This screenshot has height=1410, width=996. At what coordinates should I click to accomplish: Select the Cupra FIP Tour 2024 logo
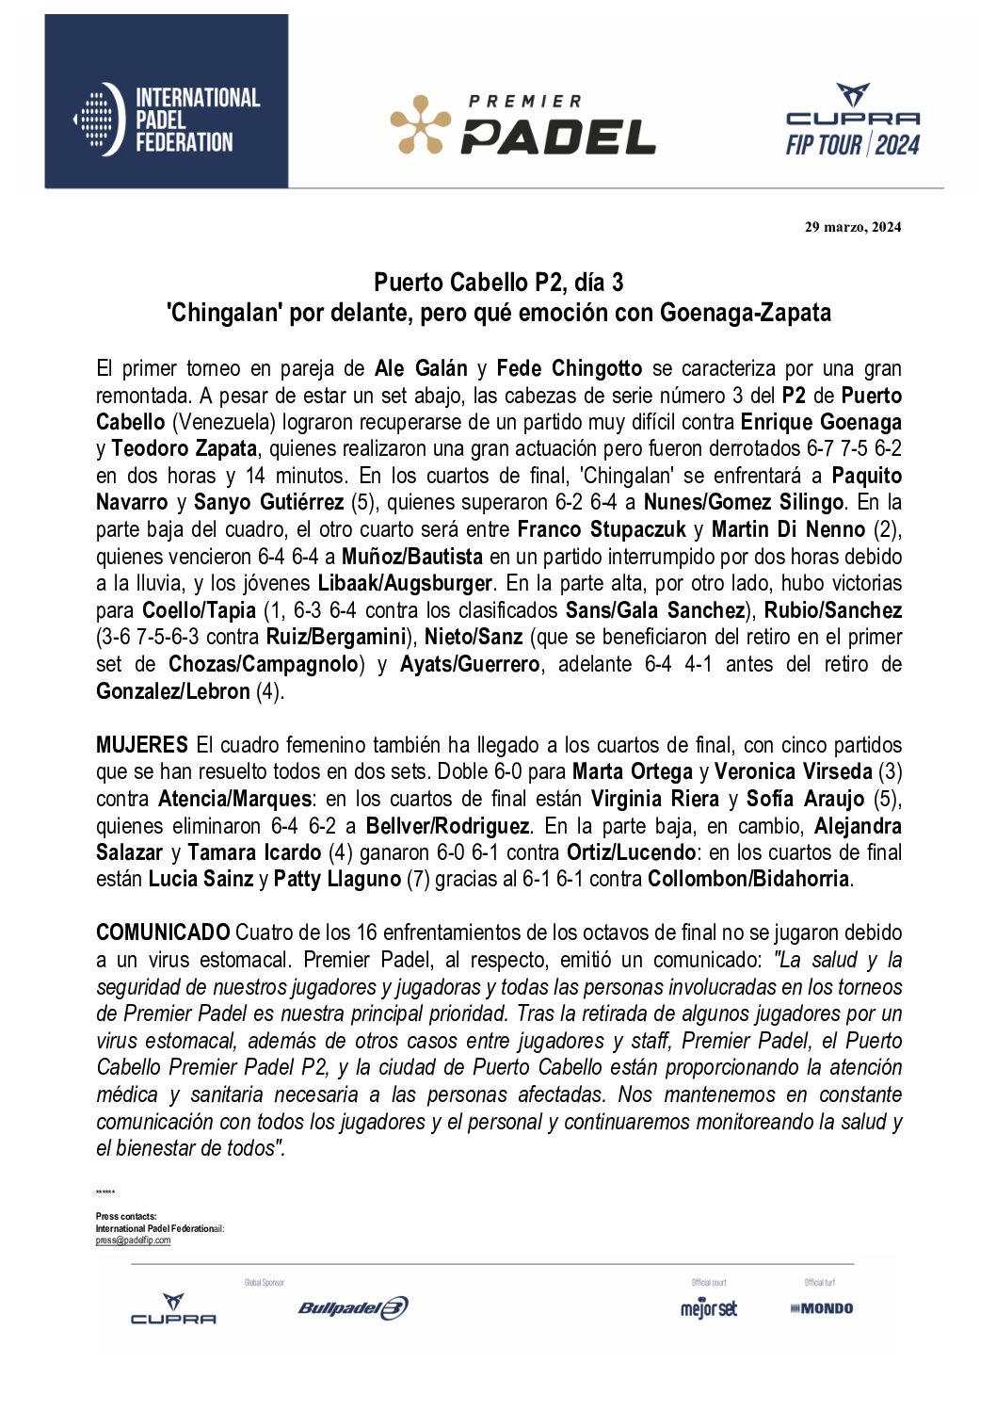[x=852, y=120]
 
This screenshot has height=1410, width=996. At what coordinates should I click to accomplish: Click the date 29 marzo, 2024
[x=852, y=227]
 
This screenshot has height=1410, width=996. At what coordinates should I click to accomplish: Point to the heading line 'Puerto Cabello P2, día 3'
[x=498, y=283]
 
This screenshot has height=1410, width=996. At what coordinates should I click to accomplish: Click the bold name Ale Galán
[x=421, y=368]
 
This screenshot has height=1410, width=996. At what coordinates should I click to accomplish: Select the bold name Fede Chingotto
[x=569, y=368]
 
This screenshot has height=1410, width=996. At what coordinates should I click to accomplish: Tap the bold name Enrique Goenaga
[x=821, y=422]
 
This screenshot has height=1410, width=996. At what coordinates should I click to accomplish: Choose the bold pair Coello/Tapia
[x=199, y=610]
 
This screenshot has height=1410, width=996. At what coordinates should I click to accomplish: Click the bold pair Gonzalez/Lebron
[x=173, y=691]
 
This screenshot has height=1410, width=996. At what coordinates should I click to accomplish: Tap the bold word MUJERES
[x=141, y=745]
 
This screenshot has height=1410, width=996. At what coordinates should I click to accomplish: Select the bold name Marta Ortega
[x=633, y=772]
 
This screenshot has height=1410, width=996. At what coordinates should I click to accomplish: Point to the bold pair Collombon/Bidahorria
[x=748, y=880]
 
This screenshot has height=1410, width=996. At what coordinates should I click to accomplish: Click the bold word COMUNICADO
[x=163, y=932]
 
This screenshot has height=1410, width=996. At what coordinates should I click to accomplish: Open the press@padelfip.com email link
[x=133, y=1240]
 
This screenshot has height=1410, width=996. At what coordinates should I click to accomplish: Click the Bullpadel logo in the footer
[x=353, y=1307]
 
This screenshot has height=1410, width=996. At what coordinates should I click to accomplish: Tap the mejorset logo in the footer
[x=709, y=1308]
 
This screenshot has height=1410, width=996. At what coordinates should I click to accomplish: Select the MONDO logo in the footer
[x=822, y=1308]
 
